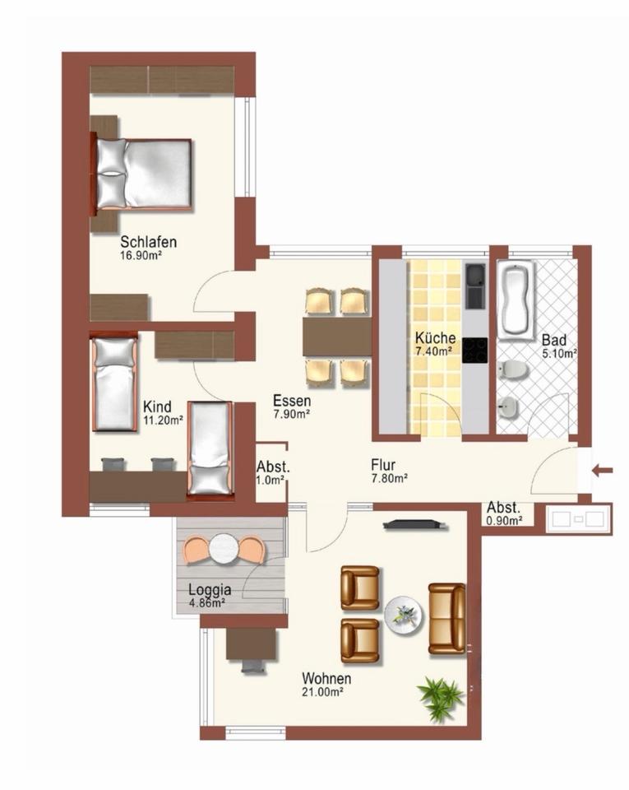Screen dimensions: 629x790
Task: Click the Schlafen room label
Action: point(149,242)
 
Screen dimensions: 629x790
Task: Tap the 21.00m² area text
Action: point(322,692)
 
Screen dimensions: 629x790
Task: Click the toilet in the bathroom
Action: point(513,370)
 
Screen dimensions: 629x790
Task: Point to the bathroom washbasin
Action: point(509,407)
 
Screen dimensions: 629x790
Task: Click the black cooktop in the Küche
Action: point(475,351)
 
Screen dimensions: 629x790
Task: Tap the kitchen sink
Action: point(475,286)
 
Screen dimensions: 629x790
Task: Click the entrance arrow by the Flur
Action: point(603,471)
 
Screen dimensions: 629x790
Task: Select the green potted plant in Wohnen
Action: point(441,699)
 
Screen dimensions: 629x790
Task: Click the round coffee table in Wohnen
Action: point(404,616)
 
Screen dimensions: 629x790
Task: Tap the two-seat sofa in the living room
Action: point(446,619)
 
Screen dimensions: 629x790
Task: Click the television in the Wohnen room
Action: point(415,525)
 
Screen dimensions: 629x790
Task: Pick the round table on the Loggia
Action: point(224,549)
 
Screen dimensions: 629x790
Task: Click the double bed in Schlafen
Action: point(141,174)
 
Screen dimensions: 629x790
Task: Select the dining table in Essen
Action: point(337,336)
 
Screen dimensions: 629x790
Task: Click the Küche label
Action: point(436,337)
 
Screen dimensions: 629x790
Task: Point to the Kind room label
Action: point(158,407)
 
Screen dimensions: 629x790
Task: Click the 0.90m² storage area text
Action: point(504,521)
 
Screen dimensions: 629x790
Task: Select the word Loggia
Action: point(210,589)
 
